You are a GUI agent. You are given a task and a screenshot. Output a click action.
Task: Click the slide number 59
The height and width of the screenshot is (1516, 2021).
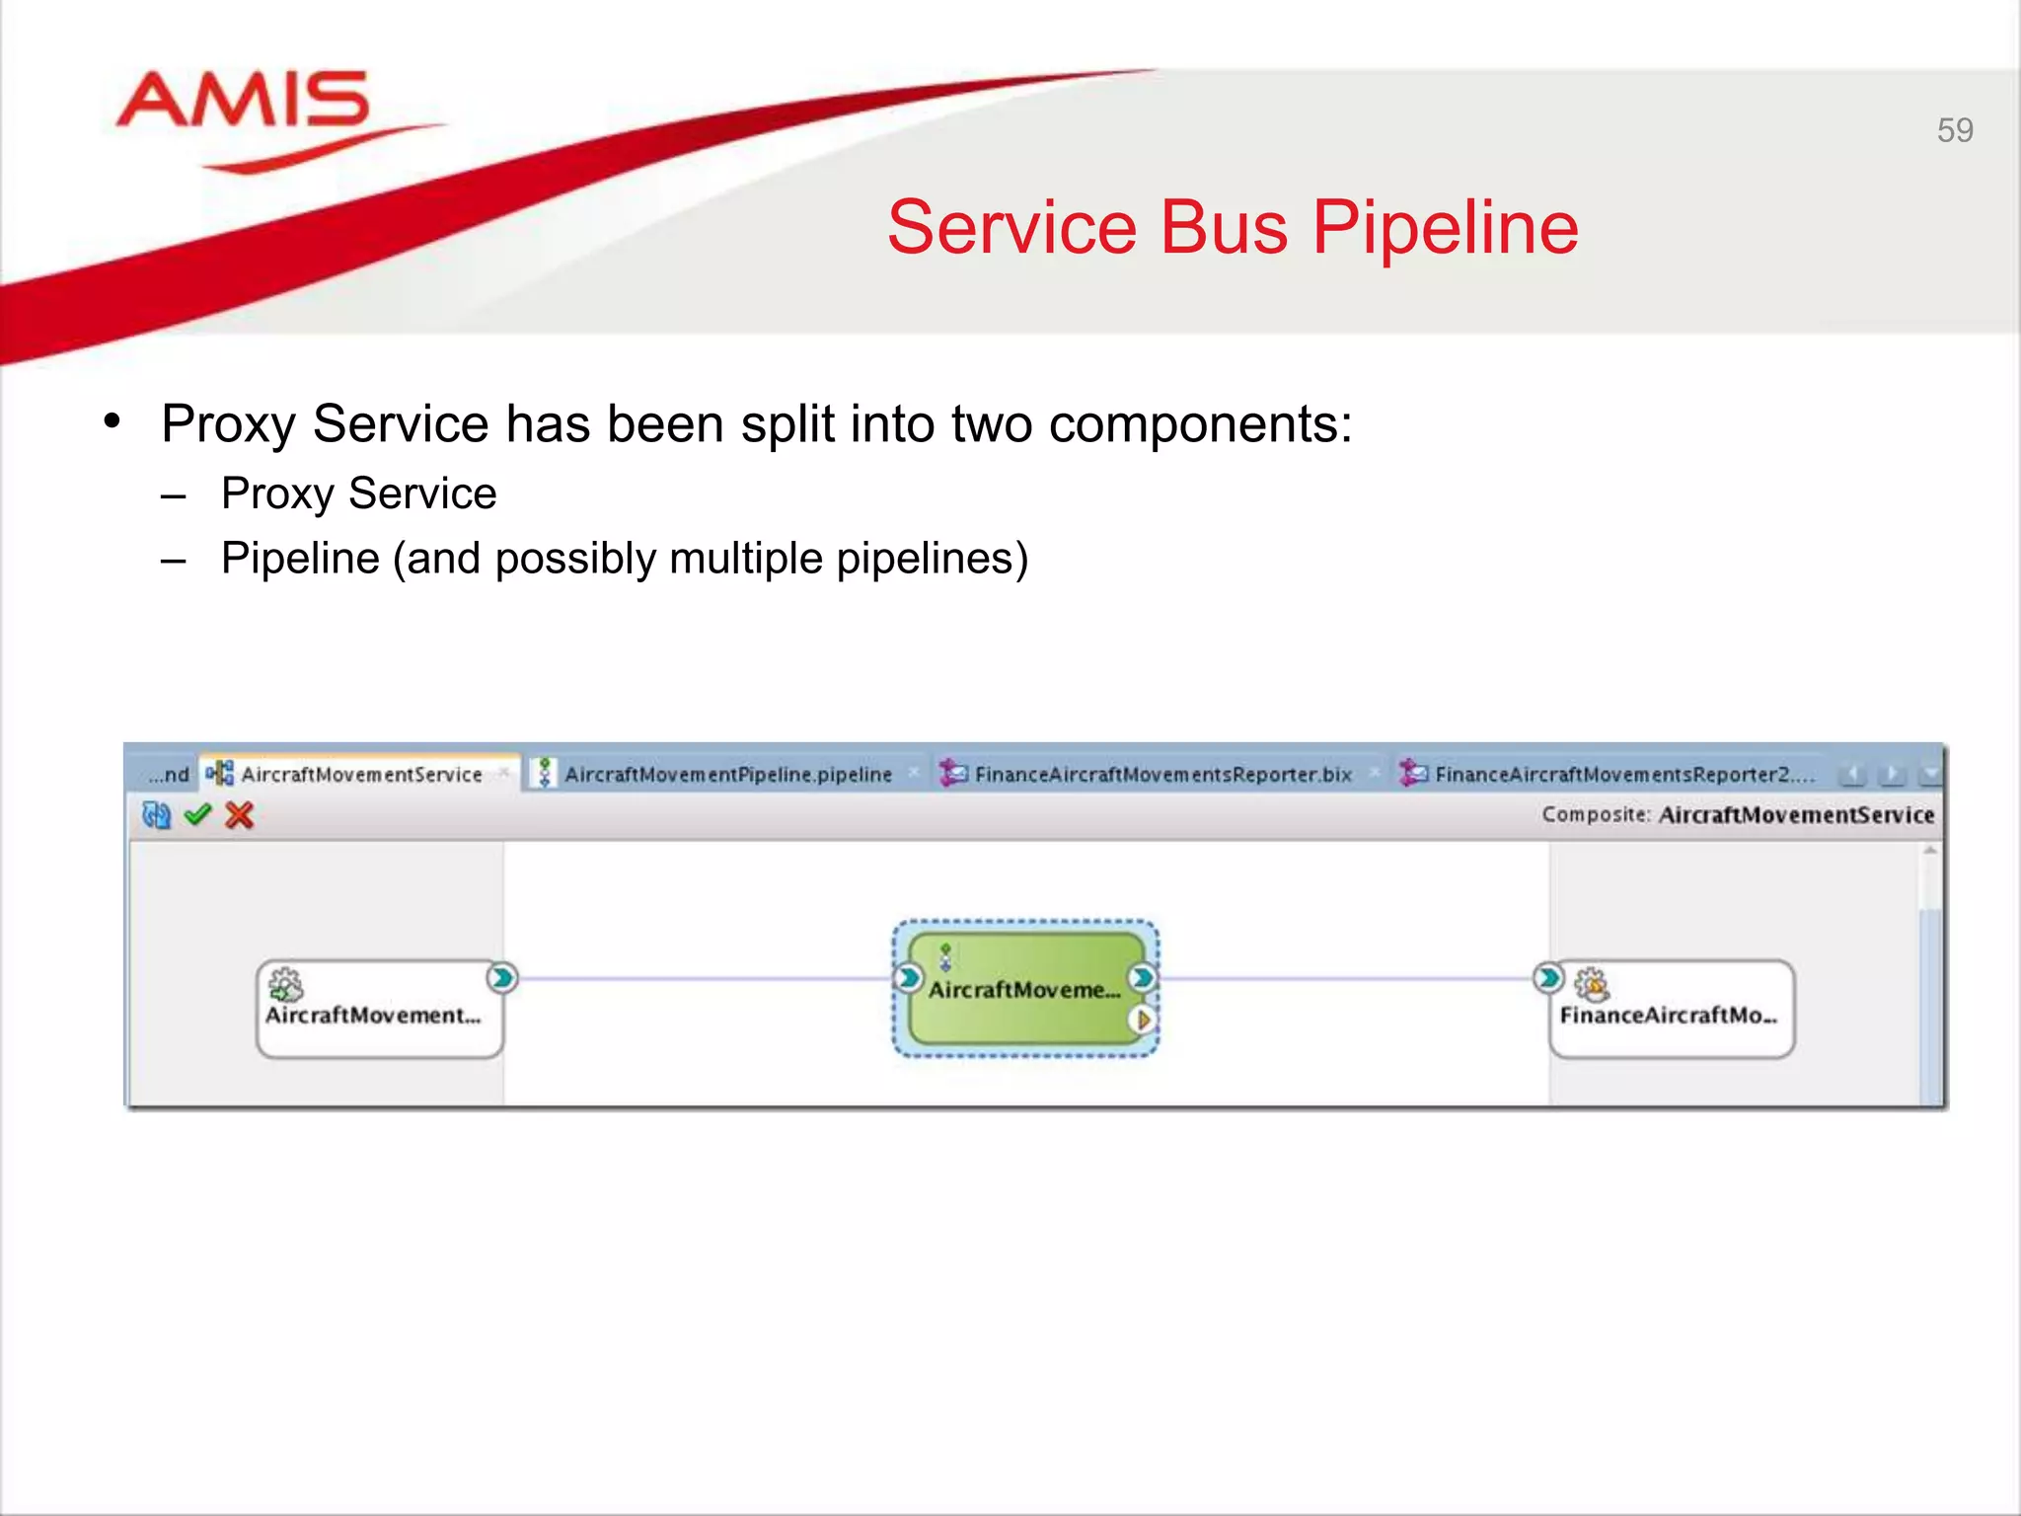coord(1954,130)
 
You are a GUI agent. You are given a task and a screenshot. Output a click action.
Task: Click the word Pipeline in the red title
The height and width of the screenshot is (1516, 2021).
coord(1445,228)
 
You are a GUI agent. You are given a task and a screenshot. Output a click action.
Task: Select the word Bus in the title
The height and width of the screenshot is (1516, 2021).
coord(1223,228)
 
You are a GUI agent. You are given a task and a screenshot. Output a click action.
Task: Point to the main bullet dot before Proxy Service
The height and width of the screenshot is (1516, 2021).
coord(112,421)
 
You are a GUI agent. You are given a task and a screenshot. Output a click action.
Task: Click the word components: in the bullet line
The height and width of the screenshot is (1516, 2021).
coord(1200,425)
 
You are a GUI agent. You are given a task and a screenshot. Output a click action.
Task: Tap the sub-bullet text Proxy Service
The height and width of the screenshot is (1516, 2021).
coord(358,493)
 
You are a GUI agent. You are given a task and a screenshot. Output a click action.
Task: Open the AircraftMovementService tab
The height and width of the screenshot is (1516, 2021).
coord(360,775)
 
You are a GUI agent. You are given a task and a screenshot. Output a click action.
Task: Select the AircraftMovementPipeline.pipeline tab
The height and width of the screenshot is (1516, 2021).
coord(727,775)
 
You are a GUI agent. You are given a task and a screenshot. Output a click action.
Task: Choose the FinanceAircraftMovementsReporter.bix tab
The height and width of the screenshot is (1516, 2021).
coord(1161,775)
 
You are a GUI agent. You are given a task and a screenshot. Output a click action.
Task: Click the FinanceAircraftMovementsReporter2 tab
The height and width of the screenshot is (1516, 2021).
coord(1623,775)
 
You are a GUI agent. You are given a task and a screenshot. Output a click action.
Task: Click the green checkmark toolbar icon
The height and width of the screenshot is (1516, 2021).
coord(198,815)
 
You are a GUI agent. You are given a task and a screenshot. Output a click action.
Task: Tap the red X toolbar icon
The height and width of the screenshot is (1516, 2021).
coord(240,815)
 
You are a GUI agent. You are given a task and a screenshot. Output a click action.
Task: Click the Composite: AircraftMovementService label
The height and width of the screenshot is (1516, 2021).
coord(1737,815)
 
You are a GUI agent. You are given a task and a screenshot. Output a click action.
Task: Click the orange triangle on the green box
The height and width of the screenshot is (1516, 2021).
coord(1143,1020)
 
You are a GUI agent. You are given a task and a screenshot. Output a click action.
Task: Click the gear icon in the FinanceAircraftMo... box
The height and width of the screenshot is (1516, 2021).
coord(1591,984)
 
